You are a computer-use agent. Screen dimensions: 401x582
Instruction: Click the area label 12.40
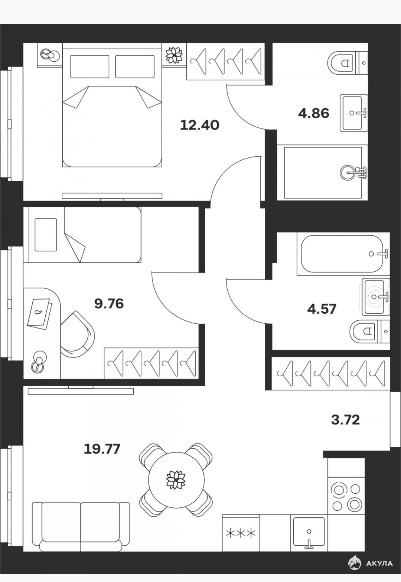200,125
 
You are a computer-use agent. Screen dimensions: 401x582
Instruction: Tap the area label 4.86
314,114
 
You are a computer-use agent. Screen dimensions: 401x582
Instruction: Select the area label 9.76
109,304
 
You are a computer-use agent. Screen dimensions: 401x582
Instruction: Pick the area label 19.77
102,449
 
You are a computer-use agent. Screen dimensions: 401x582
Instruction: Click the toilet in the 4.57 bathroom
370,331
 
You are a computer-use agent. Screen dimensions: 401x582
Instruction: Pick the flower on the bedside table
174,55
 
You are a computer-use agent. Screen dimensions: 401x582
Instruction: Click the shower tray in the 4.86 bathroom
322,173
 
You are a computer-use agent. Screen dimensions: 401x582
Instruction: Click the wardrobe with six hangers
331,373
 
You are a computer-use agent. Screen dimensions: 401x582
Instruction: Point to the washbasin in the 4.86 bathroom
353,113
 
